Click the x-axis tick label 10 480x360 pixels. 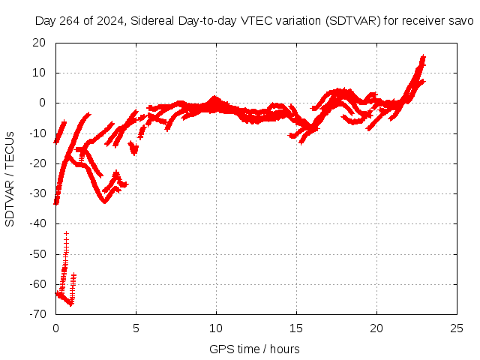216,328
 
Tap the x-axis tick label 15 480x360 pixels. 296,328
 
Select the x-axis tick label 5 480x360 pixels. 136,328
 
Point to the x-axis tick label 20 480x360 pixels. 376,328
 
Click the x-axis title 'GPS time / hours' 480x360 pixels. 256,349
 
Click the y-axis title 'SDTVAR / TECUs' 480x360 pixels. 10,178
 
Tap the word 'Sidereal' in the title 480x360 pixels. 152,20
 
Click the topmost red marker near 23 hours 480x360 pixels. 424,56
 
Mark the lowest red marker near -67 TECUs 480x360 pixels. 71,304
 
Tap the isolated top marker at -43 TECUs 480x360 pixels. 66,233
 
